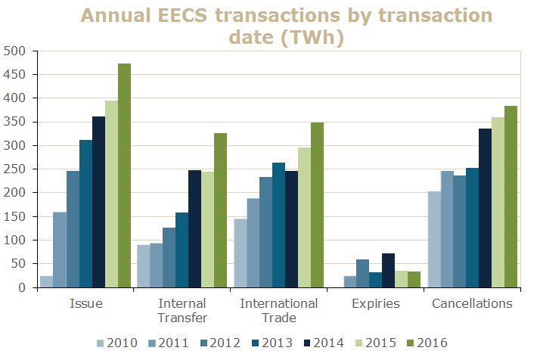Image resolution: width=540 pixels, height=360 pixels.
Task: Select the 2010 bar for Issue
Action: (x=46, y=281)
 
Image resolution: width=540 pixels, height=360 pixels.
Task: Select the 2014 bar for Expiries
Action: (x=388, y=271)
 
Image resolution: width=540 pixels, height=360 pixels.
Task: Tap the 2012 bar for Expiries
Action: (x=362, y=274)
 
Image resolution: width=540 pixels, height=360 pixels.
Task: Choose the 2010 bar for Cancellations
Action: (x=433, y=240)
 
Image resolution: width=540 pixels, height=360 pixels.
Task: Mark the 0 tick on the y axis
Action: (x=23, y=288)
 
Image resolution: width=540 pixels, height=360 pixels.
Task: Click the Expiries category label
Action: (x=375, y=304)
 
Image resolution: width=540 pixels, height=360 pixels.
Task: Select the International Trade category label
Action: (x=278, y=310)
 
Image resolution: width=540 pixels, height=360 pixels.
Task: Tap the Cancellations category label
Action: (x=472, y=304)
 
